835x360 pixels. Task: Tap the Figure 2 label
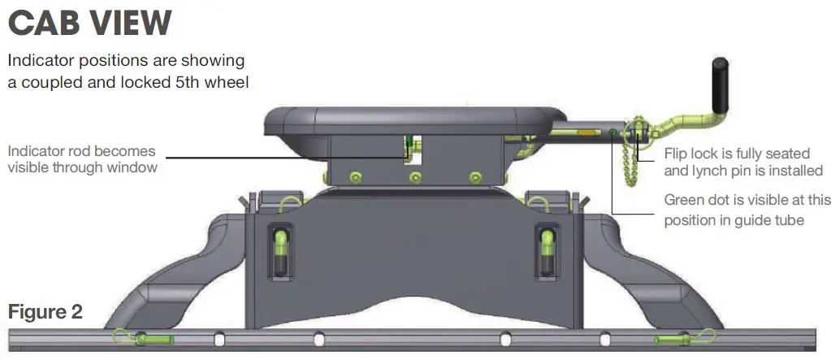(x=45, y=312)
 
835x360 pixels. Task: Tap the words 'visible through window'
(x=81, y=168)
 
